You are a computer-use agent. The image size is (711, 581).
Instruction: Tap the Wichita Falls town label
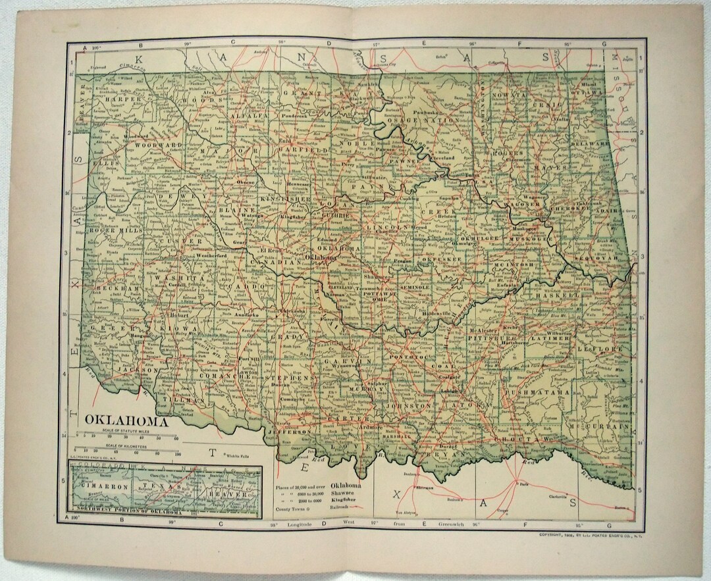click(x=241, y=454)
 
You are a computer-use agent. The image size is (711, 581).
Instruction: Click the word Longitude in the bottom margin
click(x=300, y=524)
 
